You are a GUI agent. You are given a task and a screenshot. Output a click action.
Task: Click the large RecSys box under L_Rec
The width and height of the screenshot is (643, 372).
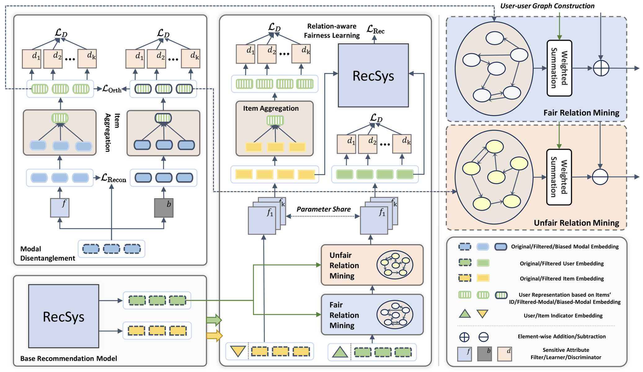click(373, 75)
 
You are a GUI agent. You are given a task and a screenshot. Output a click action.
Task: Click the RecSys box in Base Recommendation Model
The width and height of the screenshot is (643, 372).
click(64, 316)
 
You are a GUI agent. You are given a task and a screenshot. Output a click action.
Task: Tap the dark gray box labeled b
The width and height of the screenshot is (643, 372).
click(164, 208)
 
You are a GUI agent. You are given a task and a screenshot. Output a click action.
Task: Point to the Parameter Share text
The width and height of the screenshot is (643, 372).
click(323, 209)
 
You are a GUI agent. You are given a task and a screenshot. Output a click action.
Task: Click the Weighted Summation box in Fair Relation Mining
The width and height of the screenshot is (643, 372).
click(559, 68)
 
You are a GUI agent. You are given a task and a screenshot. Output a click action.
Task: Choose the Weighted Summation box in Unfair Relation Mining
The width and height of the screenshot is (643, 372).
click(559, 177)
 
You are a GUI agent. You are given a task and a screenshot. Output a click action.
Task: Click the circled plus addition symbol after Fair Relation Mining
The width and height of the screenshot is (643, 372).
click(601, 68)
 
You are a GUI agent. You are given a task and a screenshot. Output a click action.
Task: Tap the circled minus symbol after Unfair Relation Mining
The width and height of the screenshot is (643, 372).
click(600, 177)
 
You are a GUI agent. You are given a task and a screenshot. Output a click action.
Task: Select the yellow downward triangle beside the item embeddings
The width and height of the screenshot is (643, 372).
click(238, 351)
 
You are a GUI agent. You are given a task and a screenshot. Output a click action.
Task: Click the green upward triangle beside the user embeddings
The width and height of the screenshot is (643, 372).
click(340, 352)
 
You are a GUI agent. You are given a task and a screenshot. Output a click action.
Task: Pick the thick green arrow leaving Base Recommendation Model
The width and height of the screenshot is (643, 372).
click(214, 320)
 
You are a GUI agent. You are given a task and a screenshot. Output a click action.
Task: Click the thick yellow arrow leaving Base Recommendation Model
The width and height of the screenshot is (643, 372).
click(214, 335)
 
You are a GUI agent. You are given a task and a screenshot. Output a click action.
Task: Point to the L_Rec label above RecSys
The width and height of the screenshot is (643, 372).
click(375, 30)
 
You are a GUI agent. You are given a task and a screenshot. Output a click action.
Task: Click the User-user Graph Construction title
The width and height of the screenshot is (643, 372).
click(547, 6)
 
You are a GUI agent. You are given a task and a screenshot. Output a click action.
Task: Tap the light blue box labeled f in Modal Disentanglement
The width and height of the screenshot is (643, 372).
click(60, 208)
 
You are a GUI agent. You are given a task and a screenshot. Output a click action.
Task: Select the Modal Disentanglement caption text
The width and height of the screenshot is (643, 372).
click(47, 254)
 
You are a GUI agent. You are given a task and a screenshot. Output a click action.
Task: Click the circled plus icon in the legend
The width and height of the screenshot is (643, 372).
click(464, 337)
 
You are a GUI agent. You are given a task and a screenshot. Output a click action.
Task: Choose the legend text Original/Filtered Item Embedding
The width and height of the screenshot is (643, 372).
click(561, 278)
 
